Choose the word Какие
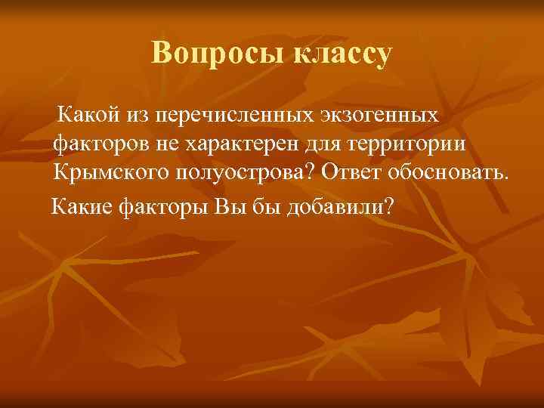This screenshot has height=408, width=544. pyautogui.click(x=82, y=206)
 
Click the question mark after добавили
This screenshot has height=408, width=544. pyautogui.click(x=388, y=206)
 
